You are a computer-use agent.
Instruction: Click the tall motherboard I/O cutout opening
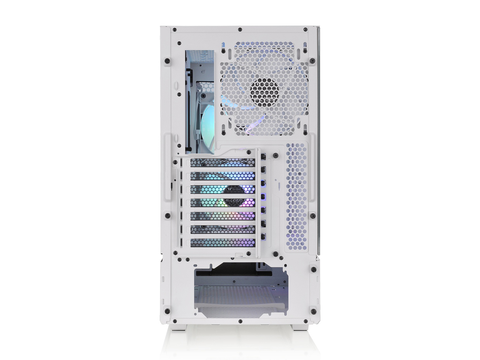(201, 101)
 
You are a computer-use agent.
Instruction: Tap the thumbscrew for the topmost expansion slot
(264, 156)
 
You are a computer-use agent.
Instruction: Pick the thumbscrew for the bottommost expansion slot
(264, 236)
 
